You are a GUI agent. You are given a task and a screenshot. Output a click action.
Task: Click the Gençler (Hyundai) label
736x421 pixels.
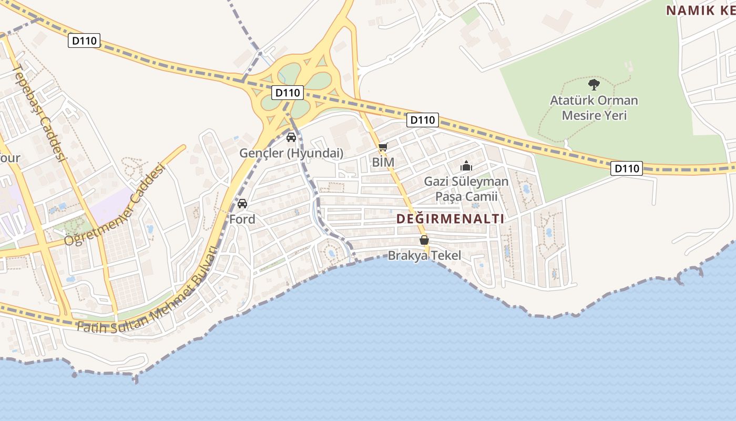(291, 154)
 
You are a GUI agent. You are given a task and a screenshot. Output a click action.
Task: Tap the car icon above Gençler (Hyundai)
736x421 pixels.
(291, 137)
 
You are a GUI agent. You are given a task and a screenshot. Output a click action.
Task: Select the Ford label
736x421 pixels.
(242, 219)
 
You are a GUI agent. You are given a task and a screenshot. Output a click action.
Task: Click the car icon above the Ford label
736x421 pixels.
(242, 204)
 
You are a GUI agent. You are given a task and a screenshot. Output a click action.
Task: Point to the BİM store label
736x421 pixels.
(383, 163)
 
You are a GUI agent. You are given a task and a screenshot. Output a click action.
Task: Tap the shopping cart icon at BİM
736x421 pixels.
(383, 147)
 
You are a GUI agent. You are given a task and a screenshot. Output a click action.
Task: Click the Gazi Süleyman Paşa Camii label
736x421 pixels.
(466, 189)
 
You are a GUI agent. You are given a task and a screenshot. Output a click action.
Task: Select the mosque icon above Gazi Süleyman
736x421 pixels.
(466, 166)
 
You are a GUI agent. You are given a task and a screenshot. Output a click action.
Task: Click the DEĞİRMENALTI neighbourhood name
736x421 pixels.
(450, 219)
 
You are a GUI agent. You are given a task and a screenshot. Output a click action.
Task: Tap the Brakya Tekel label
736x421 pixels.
(424, 256)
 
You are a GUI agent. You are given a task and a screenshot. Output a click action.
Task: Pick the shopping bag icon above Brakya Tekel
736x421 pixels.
(424, 240)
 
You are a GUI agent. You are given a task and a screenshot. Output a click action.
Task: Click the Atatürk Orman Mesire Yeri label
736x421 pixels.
(594, 107)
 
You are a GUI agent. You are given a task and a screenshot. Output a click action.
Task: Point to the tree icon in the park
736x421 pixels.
(594, 84)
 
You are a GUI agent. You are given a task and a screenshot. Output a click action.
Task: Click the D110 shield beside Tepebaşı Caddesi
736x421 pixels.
(84, 41)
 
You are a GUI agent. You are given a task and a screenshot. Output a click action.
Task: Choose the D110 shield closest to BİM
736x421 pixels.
(422, 120)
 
